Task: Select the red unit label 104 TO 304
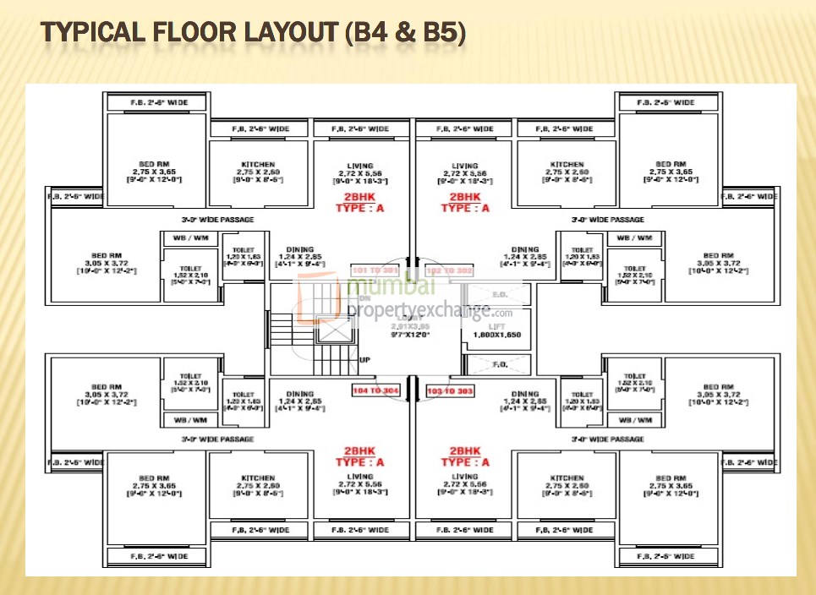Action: [x=376, y=390]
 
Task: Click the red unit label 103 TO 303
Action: [x=449, y=390]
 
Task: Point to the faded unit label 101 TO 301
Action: [x=375, y=270]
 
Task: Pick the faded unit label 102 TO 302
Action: [x=449, y=270]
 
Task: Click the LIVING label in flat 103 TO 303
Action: [x=464, y=478]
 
